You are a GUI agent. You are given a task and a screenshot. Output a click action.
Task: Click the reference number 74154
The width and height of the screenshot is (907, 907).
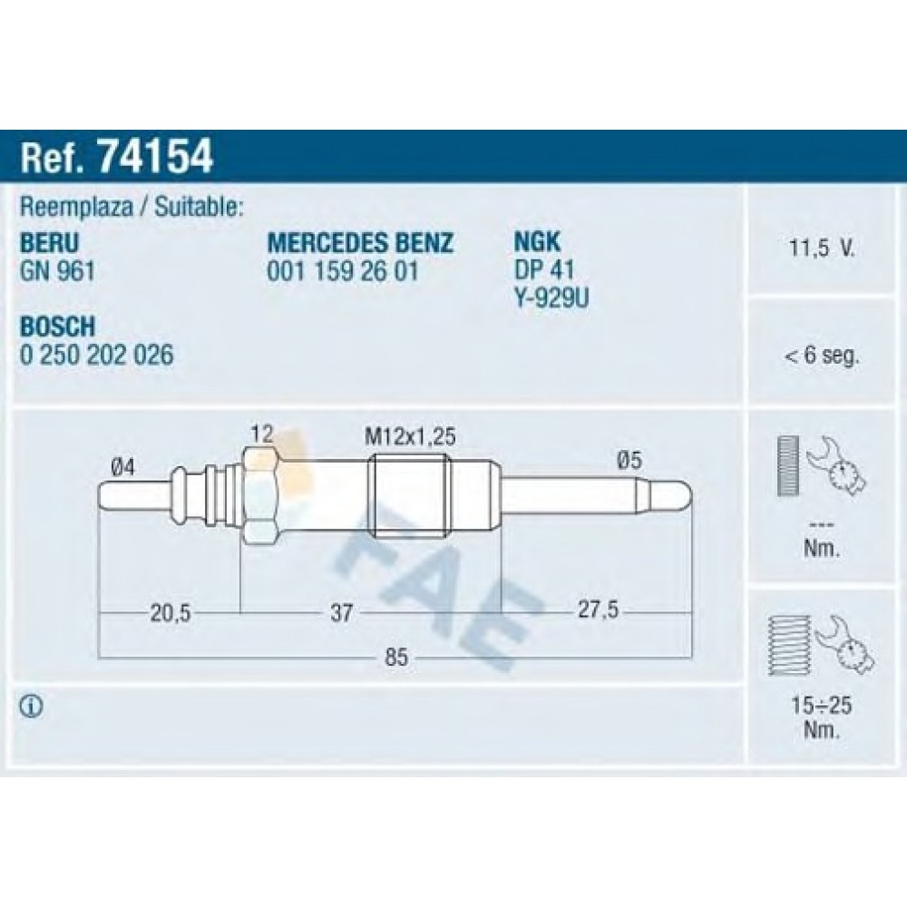click(x=156, y=156)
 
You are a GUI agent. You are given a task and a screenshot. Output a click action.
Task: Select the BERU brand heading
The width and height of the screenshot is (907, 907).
click(x=49, y=243)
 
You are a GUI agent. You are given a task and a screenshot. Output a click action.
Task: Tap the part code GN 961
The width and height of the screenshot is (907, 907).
click(x=57, y=270)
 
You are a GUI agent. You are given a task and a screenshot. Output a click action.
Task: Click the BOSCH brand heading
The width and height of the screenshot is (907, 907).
click(x=57, y=327)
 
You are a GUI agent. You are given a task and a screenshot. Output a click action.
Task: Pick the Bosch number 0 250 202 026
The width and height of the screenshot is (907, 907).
click(x=97, y=355)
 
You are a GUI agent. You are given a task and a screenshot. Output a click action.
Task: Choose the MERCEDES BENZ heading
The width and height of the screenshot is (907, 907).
click(x=360, y=243)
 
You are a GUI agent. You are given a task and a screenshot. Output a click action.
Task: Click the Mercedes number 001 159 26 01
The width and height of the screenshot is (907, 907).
click(x=343, y=270)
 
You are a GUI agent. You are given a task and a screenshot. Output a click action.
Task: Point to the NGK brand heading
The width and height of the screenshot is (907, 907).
click(x=537, y=242)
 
